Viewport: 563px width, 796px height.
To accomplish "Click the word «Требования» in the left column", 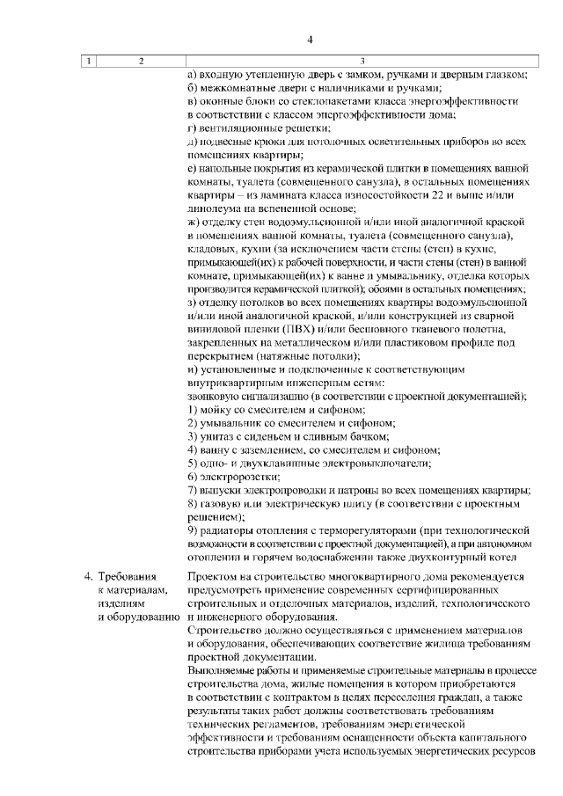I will click(127, 576).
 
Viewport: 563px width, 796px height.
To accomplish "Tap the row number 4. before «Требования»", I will click(88, 576).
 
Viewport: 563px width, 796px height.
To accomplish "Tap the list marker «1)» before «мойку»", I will click(194, 409).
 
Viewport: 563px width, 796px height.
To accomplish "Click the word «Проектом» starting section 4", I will click(213, 576).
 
